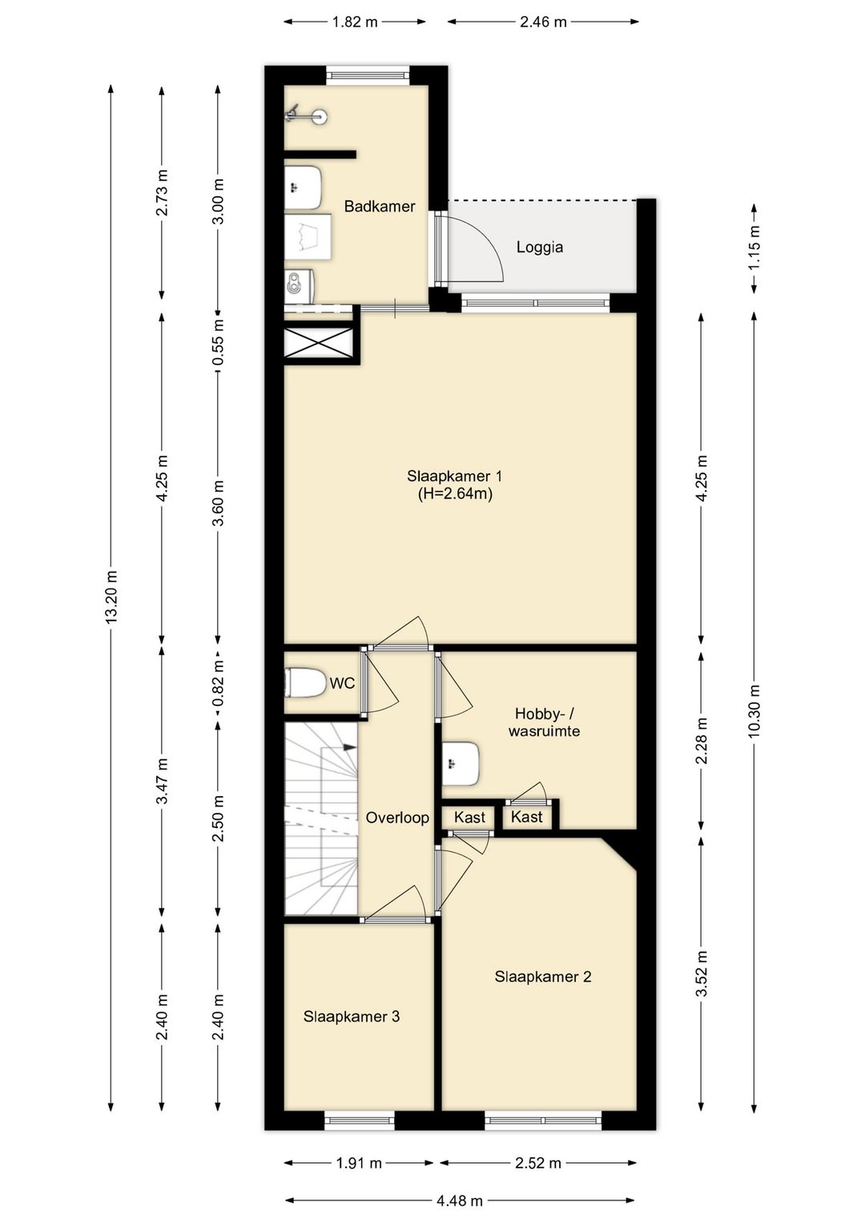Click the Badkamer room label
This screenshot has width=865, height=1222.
[380, 207]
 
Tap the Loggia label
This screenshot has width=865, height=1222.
[540, 247]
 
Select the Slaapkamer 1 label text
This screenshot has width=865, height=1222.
[455, 476]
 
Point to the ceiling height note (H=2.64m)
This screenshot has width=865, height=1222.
[455, 494]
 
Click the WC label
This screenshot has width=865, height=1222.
[342, 682]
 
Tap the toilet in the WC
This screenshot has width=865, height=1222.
[304, 682]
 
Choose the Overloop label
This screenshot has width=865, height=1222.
[397, 818]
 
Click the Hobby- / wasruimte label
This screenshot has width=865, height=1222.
[544, 722]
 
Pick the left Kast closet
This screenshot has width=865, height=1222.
[469, 818]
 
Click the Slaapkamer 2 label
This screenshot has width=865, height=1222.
[543, 976]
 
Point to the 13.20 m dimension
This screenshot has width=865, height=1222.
[111, 598]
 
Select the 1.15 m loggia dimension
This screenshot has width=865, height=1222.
[754, 247]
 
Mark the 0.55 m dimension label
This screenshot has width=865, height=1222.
[219, 343]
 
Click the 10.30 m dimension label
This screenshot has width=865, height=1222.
[754, 710]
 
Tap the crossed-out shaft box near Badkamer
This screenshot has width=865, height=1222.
[320, 344]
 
